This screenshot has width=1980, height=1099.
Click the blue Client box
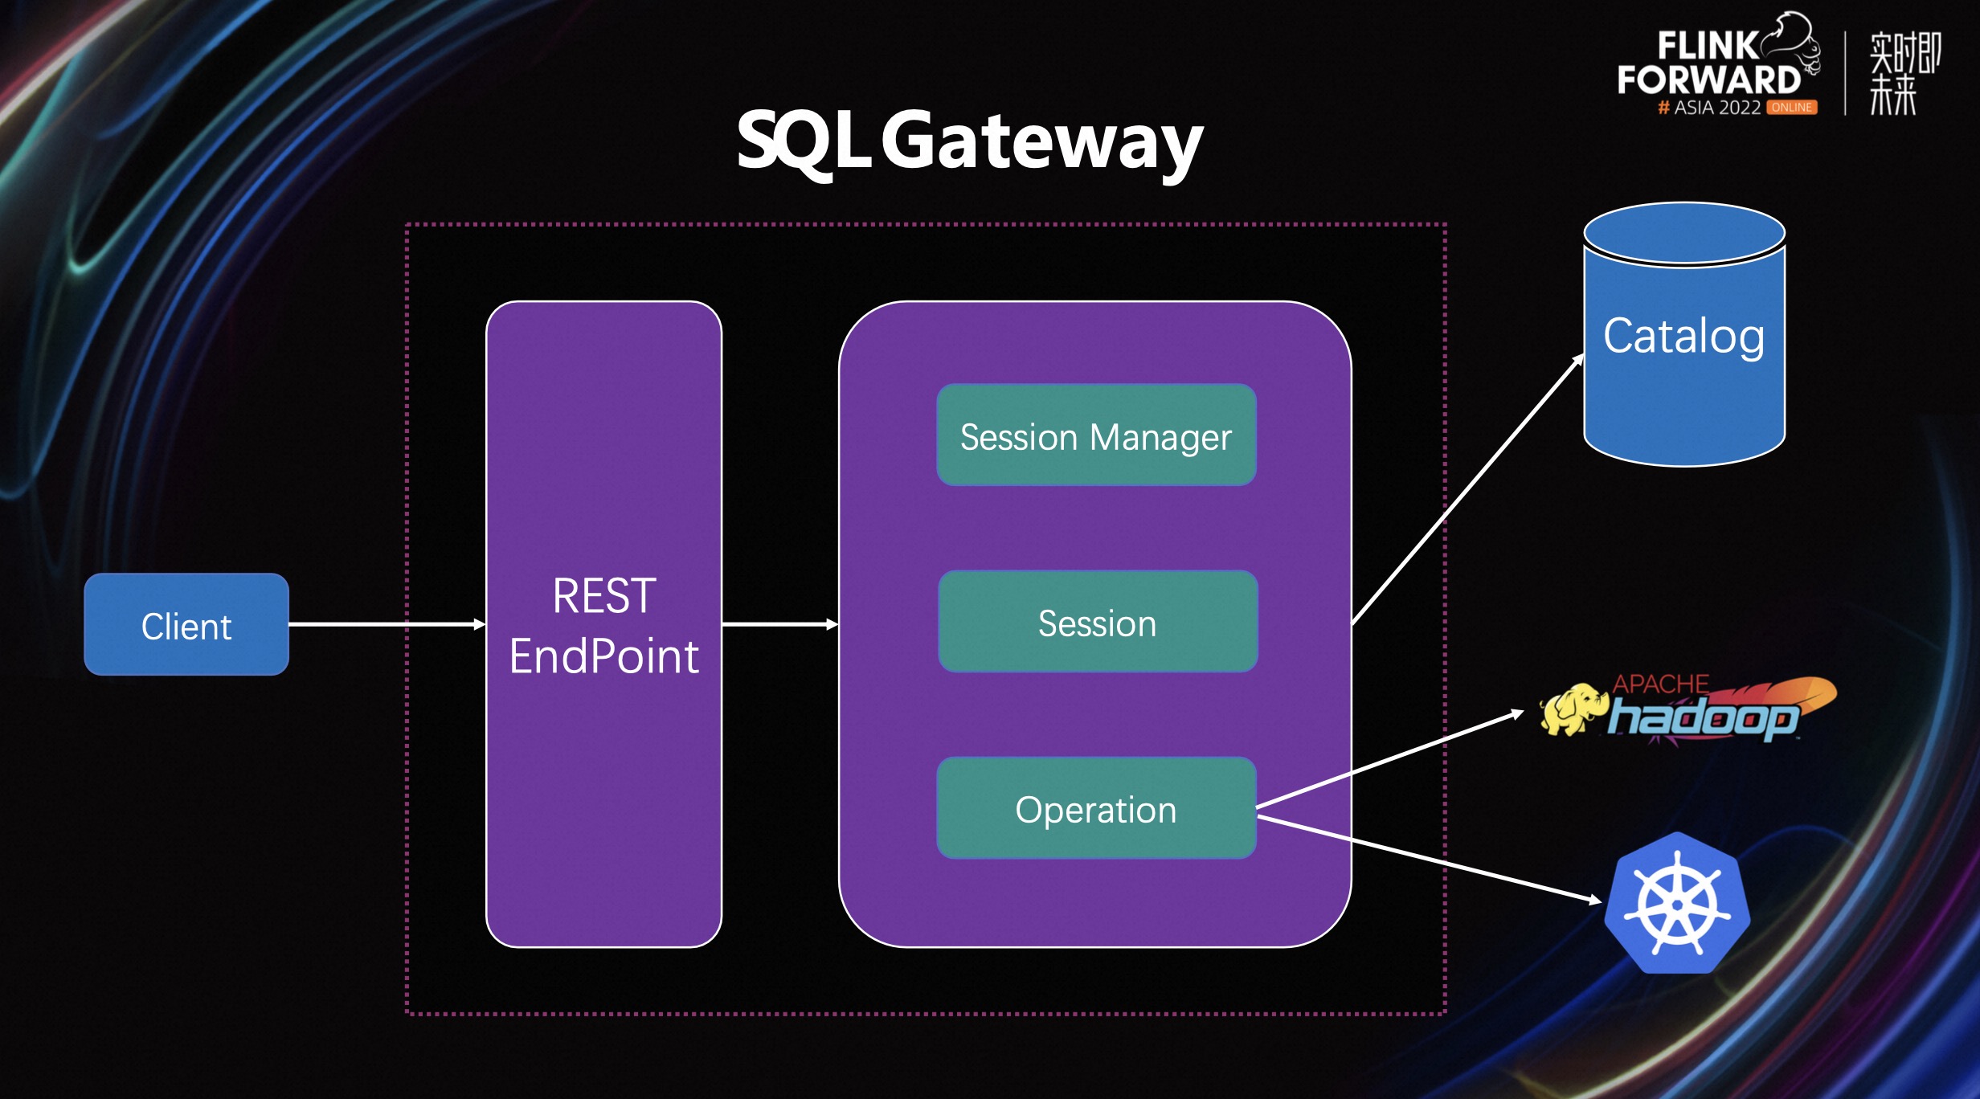tap(186, 624)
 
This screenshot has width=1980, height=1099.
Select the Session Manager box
tap(1096, 435)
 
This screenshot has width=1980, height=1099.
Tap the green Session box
tap(1098, 621)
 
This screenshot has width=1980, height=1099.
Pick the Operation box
tap(1096, 807)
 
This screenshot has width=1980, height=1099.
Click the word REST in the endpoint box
tap(604, 596)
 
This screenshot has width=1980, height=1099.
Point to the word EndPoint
tap(604, 656)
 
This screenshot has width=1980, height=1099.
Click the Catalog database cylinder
tap(1684, 334)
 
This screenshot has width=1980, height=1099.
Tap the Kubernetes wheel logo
tap(1678, 904)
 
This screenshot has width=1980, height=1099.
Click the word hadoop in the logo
tap(1702, 717)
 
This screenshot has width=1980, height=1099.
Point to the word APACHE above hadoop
tap(1660, 684)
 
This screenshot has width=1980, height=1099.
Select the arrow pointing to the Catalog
tap(1468, 489)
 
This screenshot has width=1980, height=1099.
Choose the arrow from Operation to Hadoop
tap(1390, 758)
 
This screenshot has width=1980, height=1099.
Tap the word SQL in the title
tap(804, 142)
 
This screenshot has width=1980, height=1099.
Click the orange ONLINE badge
tap(1792, 107)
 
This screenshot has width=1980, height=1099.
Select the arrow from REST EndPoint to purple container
tap(780, 624)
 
